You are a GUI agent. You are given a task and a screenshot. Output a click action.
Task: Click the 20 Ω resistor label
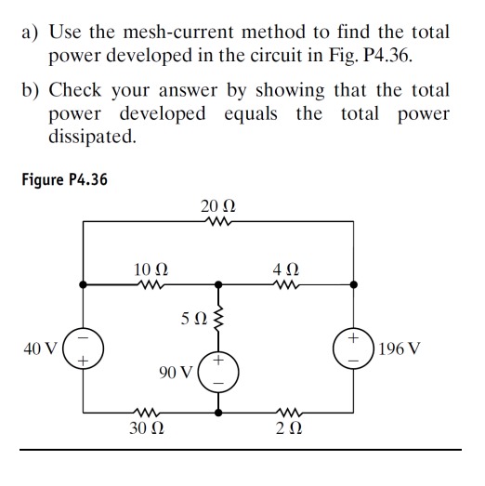tap(219, 204)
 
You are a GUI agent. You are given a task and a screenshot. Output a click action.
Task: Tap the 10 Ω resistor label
tap(150, 269)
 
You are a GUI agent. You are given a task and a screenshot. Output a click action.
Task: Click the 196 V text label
tap(400, 350)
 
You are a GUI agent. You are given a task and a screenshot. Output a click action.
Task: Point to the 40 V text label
tap(41, 350)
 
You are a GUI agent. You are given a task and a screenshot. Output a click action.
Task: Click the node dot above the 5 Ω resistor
tap(220, 284)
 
